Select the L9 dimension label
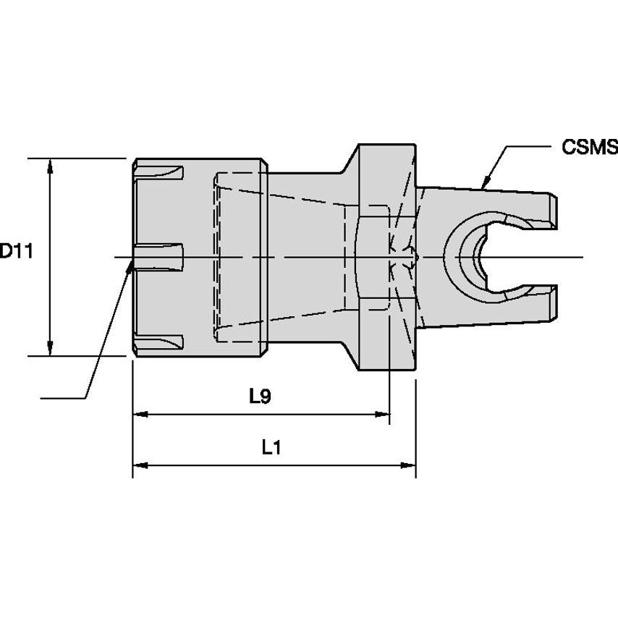pyautogui.click(x=259, y=396)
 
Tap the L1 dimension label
pyautogui.click(x=271, y=448)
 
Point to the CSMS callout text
pyautogui.click(x=589, y=148)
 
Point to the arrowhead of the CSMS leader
pyautogui.click(x=486, y=181)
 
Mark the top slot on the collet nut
pyautogui.click(x=161, y=174)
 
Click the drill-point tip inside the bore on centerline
pyautogui.click(x=415, y=257)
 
